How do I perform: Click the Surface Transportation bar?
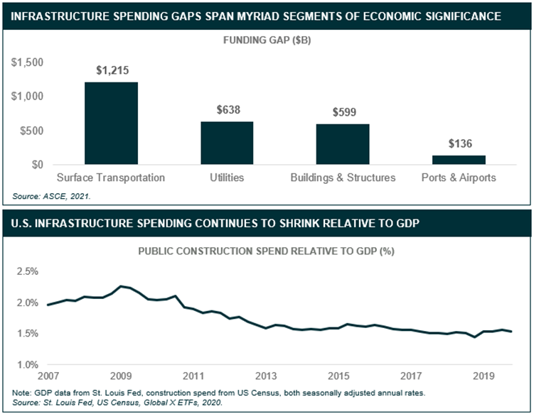[111, 124]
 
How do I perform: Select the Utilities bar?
[227, 143]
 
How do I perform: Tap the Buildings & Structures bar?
[343, 144]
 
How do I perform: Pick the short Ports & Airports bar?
[458, 160]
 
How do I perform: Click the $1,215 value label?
[111, 71]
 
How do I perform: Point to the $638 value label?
[228, 110]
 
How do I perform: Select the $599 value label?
[343, 112]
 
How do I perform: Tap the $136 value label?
[459, 143]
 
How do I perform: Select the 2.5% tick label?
[28, 271]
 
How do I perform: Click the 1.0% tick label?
[28, 365]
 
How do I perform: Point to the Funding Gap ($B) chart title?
[266, 40]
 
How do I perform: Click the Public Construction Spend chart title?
[266, 251]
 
